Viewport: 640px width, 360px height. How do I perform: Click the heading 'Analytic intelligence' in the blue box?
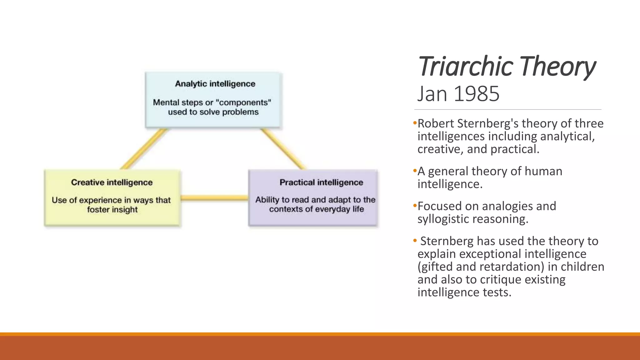point(215,84)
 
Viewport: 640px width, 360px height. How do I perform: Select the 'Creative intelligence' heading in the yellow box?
point(112,182)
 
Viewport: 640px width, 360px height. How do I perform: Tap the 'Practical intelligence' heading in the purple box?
point(321,182)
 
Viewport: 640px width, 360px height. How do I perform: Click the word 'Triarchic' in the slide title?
point(466,66)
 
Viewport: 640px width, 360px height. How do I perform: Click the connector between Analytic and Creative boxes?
point(143,149)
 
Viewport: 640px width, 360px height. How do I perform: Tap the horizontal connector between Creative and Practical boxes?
point(214,197)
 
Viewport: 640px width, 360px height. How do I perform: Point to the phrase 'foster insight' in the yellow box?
point(112,209)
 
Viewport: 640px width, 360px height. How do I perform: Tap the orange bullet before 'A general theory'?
point(415,171)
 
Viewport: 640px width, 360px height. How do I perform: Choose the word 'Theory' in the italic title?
point(558,66)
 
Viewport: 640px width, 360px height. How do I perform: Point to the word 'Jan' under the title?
point(433,94)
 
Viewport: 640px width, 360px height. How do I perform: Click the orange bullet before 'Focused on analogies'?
point(415,205)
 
